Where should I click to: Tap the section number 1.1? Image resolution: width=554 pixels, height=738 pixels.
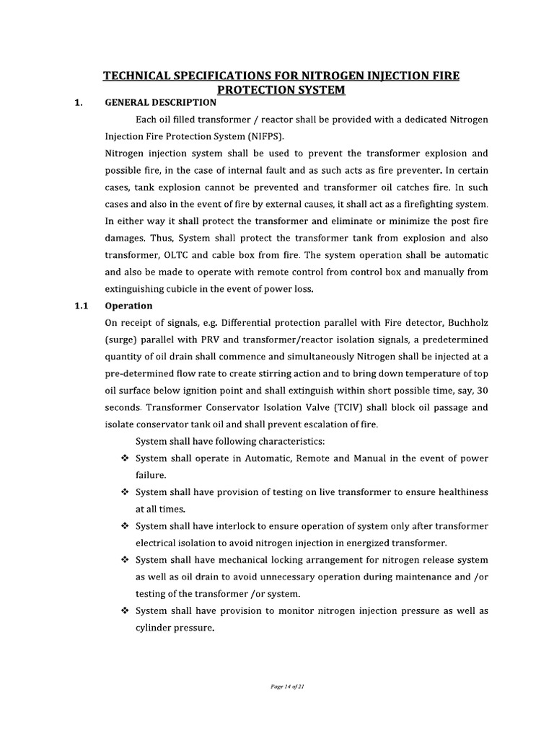[x=81, y=306]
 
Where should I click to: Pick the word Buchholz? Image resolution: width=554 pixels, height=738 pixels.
[x=465, y=322]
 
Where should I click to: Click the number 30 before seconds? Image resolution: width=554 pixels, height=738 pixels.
[x=482, y=390]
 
